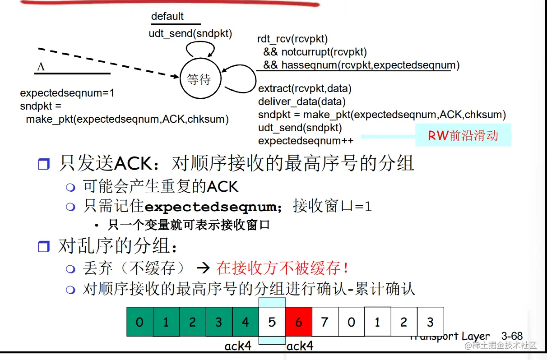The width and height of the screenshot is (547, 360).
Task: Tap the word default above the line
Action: [x=167, y=17]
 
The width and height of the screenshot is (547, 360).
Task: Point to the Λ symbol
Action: [x=41, y=67]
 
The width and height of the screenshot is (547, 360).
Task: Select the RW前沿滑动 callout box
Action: [x=463, y=135]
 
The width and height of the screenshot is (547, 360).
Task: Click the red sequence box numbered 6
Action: [x=298, y=322]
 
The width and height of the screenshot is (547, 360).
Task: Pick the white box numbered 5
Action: [x=272, y=322]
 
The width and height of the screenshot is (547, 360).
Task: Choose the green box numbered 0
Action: [x=140, y=322]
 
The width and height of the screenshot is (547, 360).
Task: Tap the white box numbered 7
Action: [x=324, y=322]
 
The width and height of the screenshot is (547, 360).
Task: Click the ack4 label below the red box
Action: [x=300, y=346]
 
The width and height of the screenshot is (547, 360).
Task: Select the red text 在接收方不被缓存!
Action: [x=283, y=268]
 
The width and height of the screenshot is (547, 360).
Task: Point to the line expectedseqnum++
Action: [x=306, y=141]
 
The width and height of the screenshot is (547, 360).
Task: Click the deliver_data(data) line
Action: [x=301, y=102]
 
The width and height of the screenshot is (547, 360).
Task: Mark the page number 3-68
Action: [x=512, y=336]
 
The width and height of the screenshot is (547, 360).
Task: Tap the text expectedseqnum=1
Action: [x=67, y=93]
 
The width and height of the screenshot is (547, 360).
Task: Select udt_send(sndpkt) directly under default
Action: [x=190, y=33]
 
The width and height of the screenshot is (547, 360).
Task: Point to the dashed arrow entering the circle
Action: [x=108, y=63]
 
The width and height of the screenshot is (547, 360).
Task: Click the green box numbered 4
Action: [x=246, y=322]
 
